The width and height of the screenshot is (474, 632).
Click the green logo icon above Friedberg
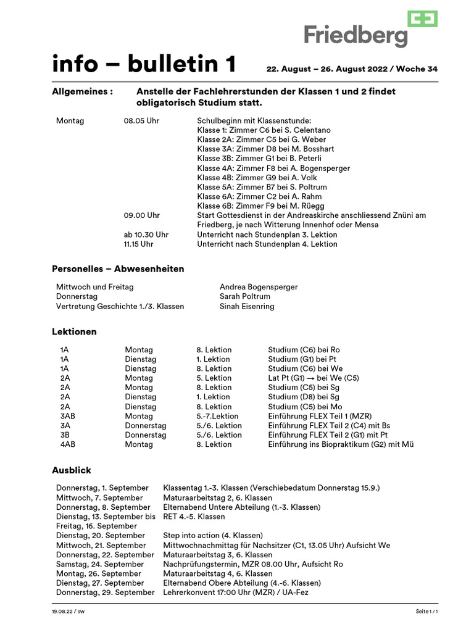(422, 19)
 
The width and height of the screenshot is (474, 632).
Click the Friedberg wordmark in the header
(355, 35)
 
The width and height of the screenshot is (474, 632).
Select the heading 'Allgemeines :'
(82, 91)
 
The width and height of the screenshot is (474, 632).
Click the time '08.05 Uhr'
(141, 121)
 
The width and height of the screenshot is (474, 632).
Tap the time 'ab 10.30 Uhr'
(146, 235)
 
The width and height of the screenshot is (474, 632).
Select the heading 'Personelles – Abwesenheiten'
(117, 269)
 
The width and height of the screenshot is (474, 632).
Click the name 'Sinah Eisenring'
(247, 306)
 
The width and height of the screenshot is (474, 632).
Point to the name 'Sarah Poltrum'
(244, 296)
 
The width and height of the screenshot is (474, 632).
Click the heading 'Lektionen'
(74, 331)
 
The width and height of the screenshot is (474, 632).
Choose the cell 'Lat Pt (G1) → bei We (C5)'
(314, 378)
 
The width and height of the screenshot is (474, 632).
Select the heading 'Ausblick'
(71, 470)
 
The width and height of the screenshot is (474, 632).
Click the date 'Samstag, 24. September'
(100, 564)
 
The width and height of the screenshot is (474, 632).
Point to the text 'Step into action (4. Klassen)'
(213, 536)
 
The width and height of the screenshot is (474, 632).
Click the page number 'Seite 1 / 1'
(426, 611)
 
